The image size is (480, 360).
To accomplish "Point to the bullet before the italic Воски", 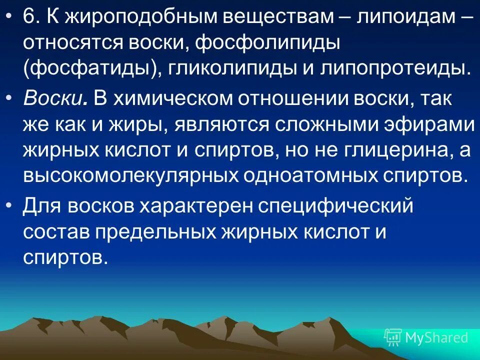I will [x=9, y=99].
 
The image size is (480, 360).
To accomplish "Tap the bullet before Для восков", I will [x=9, y=205].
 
